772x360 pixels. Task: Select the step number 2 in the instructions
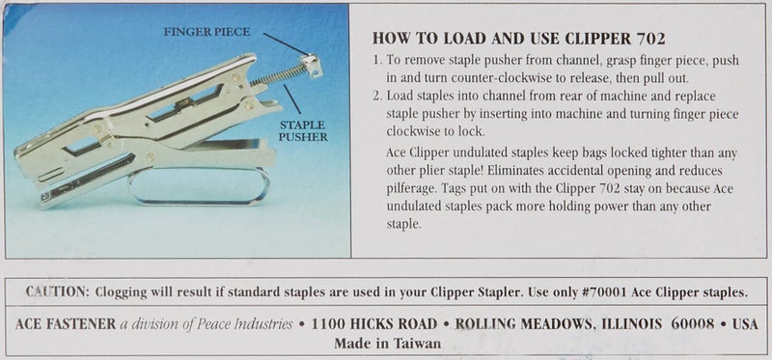coord(375,97)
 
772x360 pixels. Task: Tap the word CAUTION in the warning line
coord(58,291)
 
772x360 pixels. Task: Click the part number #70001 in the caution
coord(594,291)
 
